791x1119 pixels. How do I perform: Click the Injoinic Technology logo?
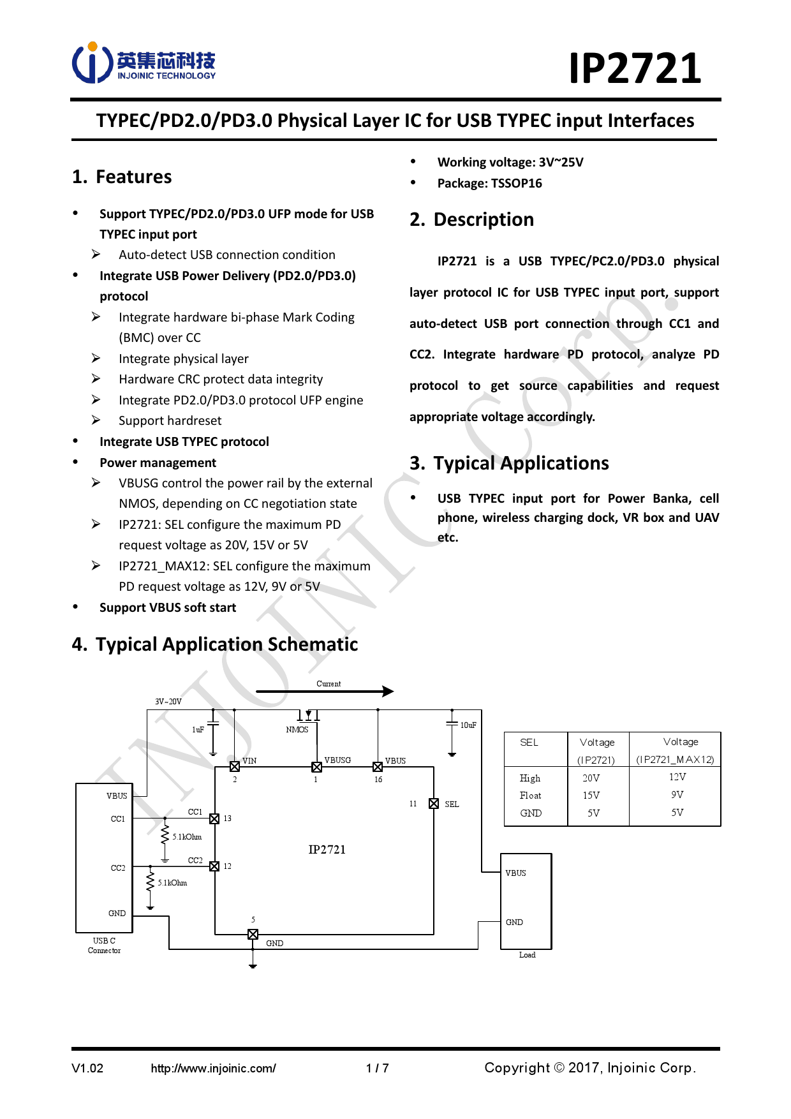click(144, 63)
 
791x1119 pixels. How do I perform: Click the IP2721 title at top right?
click(635, 68)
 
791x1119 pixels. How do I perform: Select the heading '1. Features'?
click(122, 177)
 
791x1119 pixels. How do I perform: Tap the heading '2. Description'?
click(471, 219)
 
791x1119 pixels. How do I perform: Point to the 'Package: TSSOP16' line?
click(489, 183)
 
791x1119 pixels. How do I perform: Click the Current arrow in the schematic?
click(325, 691)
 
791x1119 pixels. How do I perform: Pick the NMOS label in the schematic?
click(297, 730)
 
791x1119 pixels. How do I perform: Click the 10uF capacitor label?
click(468, 725)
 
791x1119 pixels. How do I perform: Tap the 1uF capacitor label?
click(198, 730)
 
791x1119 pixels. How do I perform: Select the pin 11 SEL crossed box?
click(434, 804)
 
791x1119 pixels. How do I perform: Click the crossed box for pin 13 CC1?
click(214, 819)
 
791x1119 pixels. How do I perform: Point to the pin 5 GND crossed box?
click(253, 935)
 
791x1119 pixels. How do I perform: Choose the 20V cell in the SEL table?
click(591, 778)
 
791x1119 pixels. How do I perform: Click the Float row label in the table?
click(530, 796)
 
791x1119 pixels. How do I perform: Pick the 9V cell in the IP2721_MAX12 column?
click(677, 795)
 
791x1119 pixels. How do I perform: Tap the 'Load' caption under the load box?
click(527, 955)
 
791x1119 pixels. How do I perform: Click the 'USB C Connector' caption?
click(104, 945)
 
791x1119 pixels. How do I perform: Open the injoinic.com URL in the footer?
click(213, 1069)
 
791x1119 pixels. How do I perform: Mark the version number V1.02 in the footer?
click(87, 1069)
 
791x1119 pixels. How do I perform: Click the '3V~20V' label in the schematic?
click(168, 702)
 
